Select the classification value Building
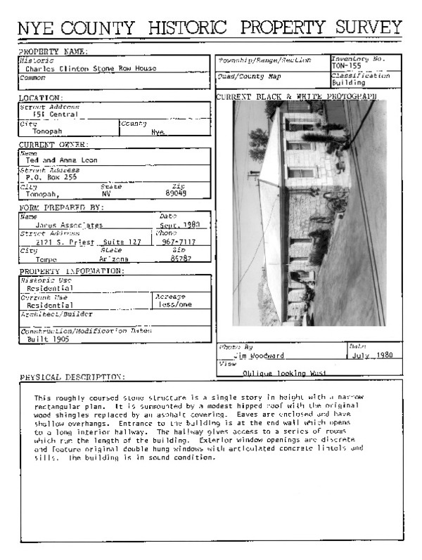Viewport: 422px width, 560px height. (x=349, y=82)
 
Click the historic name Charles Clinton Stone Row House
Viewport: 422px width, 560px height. (x=91, y=69)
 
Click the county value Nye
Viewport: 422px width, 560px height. (x=157, y=131)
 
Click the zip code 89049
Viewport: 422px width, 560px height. (x=176, y=194)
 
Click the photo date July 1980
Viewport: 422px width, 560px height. (x=374, y=356)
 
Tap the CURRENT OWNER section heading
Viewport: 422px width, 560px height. (x=53, y=145)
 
